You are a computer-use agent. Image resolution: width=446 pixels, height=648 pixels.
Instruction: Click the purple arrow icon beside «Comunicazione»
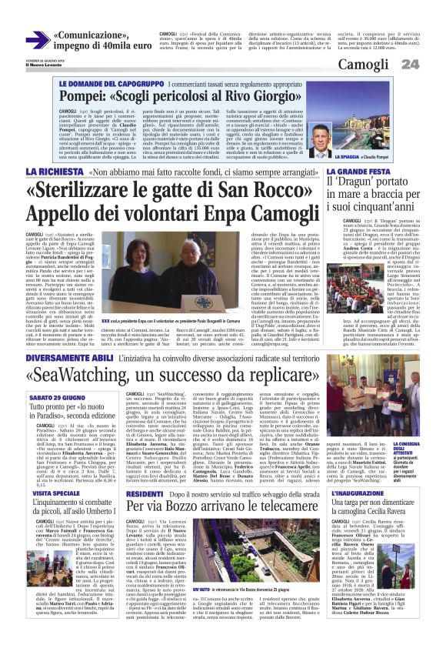click(x=37, y=40)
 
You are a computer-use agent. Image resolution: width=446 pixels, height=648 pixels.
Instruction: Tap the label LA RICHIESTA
click(x=52, y=171)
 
